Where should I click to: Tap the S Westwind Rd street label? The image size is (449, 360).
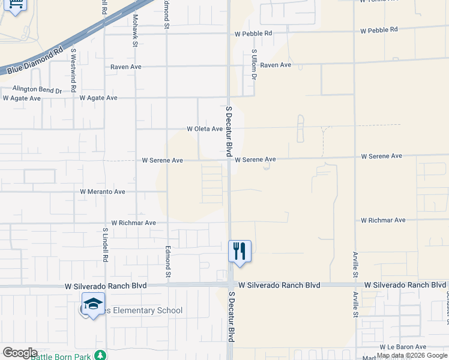click(x=73, y=70)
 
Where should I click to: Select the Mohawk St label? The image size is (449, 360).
click(x=136, y=31)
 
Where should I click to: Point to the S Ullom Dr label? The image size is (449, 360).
click(x=254, y=65)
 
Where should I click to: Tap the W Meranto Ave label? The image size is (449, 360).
click(x=103, y=192)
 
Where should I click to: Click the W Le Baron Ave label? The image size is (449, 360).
click(x=403, y=347)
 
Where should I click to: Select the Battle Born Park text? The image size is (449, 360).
click(x=61, y=356)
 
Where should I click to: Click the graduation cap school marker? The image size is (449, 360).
click(x=93, y=304)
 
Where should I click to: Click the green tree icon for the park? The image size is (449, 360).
click(x=103, y=356)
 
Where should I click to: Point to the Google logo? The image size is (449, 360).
click(x=20, y=353)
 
